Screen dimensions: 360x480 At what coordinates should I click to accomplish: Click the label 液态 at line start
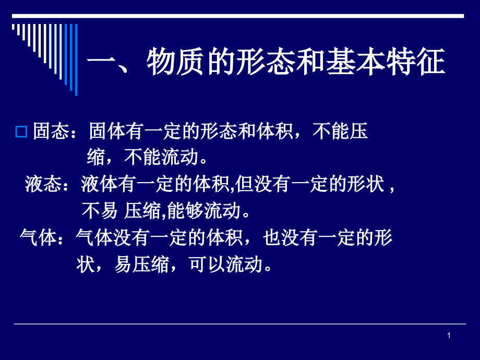tap(42, 185)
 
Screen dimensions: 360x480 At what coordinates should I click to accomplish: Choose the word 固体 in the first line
tap(106, 132)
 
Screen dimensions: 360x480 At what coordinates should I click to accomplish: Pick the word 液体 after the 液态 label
tap(99, 185)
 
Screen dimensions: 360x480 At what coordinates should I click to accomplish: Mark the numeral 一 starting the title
tap(101, 63)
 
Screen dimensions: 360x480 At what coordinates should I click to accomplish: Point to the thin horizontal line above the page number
tap(240, 324)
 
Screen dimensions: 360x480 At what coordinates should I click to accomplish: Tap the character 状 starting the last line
tap(85, 265)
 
